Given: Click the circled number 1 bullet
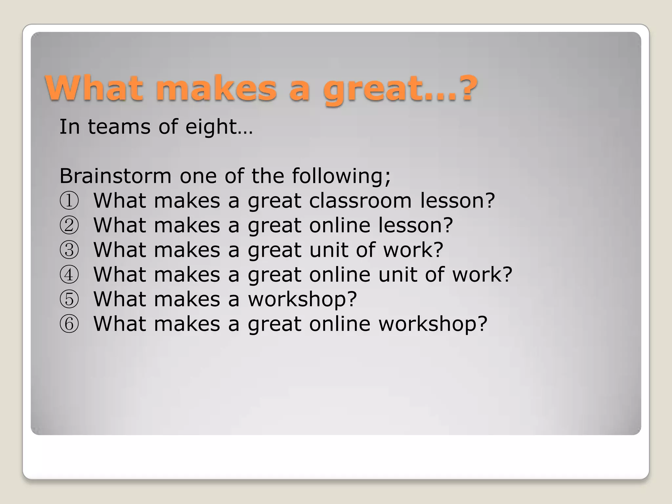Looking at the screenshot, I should [69, 201].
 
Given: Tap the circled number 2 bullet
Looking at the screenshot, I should [69, 225].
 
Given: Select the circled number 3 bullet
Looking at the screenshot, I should [69, 250].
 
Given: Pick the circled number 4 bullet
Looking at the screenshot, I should [69, 275].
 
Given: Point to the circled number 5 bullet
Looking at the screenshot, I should [69, 299].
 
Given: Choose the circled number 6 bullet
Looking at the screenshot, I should [69, 324].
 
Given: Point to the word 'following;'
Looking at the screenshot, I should [341, 177].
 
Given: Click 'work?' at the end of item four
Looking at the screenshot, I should [482, 274].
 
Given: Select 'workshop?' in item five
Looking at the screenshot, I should [302, 299].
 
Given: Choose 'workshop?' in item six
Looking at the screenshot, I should [433, 324].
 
